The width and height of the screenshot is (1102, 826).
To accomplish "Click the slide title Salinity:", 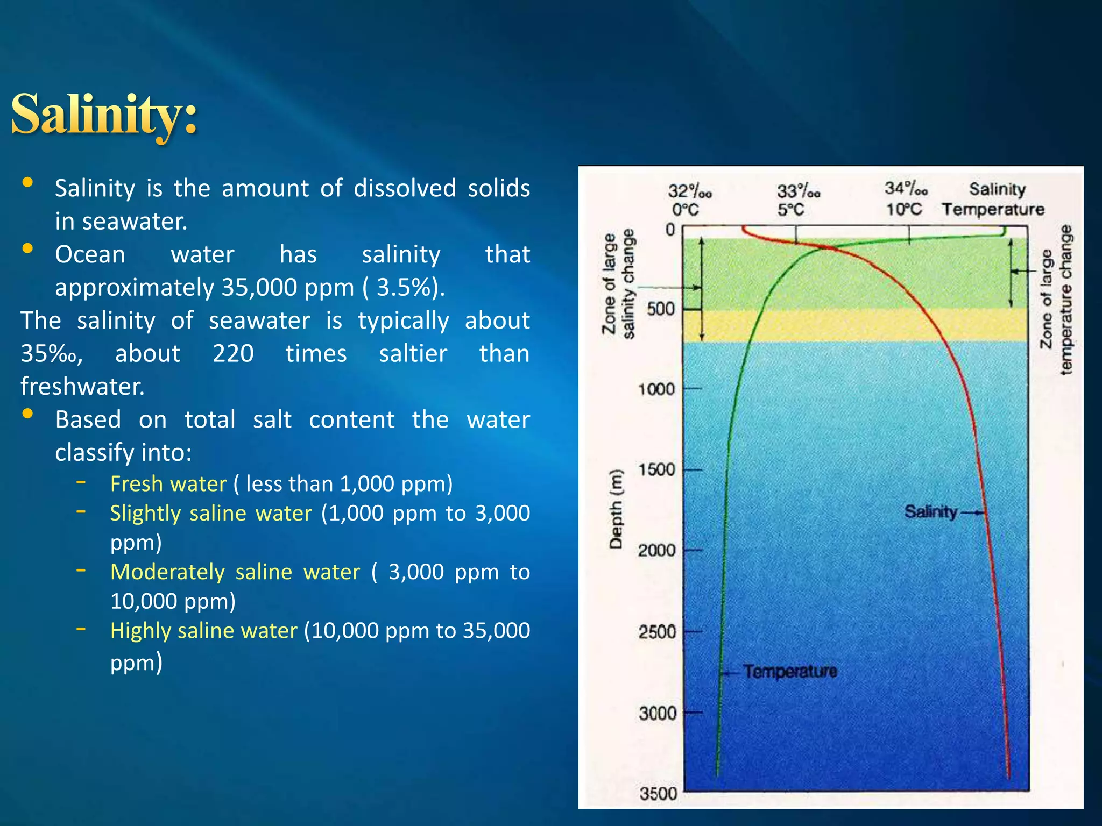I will point(104,114).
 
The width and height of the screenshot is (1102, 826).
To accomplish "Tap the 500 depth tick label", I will point(660,309).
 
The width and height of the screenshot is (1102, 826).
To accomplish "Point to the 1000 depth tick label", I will point(656,389).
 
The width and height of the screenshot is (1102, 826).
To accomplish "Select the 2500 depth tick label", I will point(656,631).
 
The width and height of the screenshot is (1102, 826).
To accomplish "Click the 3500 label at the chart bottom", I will point(658,794).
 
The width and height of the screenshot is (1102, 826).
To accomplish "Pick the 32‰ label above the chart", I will point(689,191).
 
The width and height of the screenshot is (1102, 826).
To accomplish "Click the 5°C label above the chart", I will point(790,210).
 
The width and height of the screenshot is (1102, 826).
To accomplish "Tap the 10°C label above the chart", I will point(903,209).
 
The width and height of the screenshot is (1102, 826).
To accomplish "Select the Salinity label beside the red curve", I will point(930,511).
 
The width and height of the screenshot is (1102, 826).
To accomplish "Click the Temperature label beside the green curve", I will point(790,671).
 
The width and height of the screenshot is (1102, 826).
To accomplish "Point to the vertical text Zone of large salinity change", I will point(618,284).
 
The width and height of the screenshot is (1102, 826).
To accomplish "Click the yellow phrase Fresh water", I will point(168,484).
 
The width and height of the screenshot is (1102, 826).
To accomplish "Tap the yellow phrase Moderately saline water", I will point(235,572).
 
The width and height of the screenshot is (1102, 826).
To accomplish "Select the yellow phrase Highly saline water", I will point(203,630).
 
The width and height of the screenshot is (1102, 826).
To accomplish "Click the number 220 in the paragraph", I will point(233,353).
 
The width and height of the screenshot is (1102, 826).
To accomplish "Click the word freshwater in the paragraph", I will point(82,386).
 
